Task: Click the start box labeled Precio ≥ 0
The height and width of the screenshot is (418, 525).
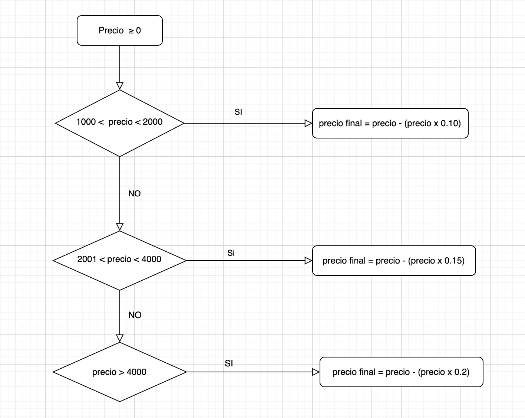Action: point(119,30)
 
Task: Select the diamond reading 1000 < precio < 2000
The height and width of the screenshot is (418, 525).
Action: point(119,123)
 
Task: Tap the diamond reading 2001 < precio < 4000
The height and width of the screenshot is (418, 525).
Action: point(119,260)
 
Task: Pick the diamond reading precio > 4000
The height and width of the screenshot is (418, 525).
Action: point(119,372)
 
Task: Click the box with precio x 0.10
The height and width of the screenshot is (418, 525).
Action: point(390,123)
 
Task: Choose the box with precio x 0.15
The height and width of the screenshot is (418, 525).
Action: point(394,261)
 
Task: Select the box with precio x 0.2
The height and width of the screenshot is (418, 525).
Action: point(401,372)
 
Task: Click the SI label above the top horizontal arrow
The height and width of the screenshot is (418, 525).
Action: point(238,112)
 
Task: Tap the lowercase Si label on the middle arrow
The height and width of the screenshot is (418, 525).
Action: point(231,253)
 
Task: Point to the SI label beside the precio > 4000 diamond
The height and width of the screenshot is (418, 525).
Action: point(229,363)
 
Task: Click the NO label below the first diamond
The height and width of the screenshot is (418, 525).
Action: point(135,194)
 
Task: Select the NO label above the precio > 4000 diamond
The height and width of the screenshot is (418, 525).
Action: point(135,315)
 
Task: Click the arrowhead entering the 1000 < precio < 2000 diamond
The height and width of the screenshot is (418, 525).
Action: point(120,86)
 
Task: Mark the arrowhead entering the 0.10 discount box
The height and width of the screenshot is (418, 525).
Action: point(308,123)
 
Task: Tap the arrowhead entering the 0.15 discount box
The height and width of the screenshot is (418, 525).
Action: point(308,261)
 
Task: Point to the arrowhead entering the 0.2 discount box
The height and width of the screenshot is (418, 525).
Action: point(316,372)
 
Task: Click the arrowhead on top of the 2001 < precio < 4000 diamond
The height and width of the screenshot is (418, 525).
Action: point(120,227)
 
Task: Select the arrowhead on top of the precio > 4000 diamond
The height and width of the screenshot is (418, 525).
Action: point(120,338)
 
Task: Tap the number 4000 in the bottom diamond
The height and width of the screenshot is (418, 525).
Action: point(136,372)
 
